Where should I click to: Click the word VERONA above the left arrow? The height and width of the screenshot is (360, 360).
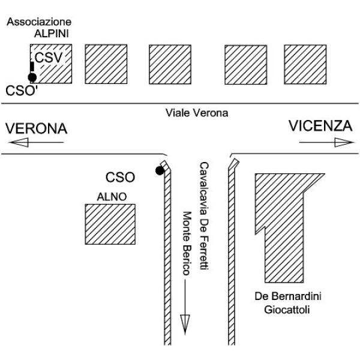(36, 128)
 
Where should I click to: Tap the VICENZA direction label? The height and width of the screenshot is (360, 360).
(320, 126)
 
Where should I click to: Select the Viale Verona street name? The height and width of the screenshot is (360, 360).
(197, 113)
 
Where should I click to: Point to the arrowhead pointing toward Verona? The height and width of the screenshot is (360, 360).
(19, 142)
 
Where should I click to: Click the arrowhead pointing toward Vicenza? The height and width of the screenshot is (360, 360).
(344, 142)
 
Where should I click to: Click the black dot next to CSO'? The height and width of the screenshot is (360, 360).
(32, 77)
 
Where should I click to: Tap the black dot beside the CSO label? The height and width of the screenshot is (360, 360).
(160, 170)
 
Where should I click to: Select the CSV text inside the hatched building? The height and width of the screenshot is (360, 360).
(49, 58)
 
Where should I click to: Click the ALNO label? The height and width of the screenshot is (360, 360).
(112, 197)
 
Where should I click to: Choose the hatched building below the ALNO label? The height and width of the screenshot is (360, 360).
(110, 224)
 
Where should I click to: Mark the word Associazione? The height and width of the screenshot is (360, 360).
(39, 22)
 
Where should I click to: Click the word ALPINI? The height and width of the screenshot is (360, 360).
(52, 34)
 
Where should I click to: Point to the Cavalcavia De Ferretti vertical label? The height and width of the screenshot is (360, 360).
(204, 216)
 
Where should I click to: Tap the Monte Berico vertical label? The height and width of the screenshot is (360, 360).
(187, 244)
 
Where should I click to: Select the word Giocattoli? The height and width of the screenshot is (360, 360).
(287, 310)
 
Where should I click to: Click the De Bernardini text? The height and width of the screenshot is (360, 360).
(288, 296)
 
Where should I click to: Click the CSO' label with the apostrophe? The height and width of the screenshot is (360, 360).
(22, 91)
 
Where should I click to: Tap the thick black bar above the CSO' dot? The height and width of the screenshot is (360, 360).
(32, 67)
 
